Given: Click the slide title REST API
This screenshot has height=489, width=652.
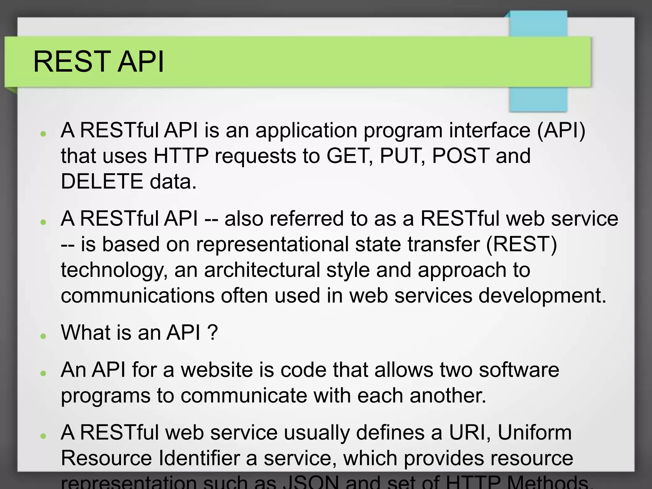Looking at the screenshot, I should pos(98,61).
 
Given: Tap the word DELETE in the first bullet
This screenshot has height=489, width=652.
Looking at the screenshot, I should pos(102,181).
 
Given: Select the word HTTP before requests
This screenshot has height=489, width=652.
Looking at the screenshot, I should pos(181,156).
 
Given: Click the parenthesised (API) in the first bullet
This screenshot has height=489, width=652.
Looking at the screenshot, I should pos(561,130).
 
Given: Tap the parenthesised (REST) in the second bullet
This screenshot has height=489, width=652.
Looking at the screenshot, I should pos(521,244).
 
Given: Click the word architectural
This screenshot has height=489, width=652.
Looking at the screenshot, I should pos(262,270).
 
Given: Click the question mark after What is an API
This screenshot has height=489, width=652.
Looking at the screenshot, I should pos(212,332).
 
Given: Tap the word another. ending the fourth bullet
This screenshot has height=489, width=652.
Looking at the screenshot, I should pos(448,395).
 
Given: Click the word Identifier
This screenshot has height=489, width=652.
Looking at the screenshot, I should pos(199,458).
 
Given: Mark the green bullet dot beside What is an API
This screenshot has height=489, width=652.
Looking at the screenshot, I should pos(44,336).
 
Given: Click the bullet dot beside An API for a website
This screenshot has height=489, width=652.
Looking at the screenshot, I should pos(44,373).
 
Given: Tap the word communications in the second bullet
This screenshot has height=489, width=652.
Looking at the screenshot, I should pos(138,295).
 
